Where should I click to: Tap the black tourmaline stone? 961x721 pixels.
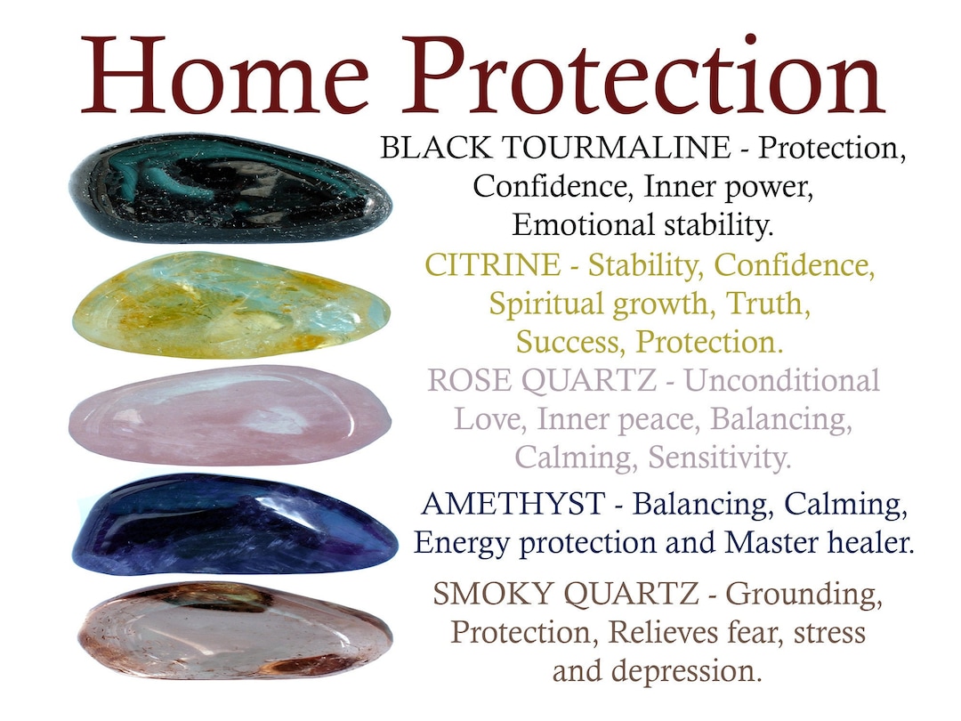[230, 188]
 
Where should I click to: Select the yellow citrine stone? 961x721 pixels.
[230, 304]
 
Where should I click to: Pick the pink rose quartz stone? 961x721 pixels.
[230, 415]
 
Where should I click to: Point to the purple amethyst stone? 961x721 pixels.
[233, 523]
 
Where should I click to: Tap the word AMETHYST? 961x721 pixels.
[512, 504]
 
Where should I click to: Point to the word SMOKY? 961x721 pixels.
[489, 594]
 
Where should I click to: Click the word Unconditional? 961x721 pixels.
[783, 381]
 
